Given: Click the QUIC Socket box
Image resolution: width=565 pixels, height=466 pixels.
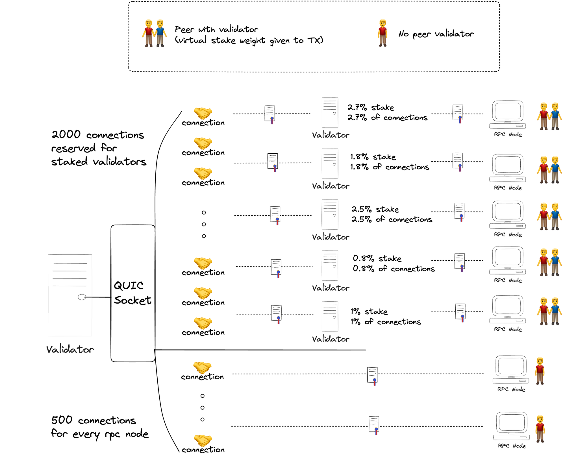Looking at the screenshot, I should coord(133,293).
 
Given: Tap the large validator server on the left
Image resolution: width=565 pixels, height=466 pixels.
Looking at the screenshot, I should coord(70,295).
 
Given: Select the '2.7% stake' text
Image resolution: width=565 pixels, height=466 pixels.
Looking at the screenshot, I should coord(371,108).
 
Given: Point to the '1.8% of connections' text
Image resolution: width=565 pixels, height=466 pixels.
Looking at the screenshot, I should coord(390,167).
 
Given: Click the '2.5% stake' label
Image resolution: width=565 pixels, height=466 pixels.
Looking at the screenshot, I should coord(375,209).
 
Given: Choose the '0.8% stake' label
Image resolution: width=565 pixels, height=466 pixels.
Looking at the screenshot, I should coord(377,258).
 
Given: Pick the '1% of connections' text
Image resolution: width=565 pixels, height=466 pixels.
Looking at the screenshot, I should coord(386,322).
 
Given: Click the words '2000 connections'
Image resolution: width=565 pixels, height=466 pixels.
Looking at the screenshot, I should coord(98,135).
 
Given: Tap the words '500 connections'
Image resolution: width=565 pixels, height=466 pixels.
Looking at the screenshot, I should coord(94,420).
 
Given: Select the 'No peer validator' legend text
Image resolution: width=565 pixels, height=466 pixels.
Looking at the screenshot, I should coord(436,34).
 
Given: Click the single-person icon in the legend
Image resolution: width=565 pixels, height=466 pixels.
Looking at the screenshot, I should coord(383,33).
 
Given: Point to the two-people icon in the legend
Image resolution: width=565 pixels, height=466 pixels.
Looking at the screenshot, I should coord(154,33).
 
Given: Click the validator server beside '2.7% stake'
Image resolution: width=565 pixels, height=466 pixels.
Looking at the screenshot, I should coord(330,113).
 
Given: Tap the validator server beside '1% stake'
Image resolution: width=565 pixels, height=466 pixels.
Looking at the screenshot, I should coord(330,317).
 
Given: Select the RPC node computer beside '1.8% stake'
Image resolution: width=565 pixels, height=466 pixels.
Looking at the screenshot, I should coord(508,168).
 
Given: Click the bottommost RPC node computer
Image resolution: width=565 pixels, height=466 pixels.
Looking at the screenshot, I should coord(511,426).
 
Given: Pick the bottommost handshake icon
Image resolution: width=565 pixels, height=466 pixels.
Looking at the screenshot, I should coord(203,440).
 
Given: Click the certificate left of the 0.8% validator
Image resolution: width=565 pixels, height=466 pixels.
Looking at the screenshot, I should coord(276,267).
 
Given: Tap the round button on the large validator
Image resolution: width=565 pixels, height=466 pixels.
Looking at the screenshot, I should coord(82,297).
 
